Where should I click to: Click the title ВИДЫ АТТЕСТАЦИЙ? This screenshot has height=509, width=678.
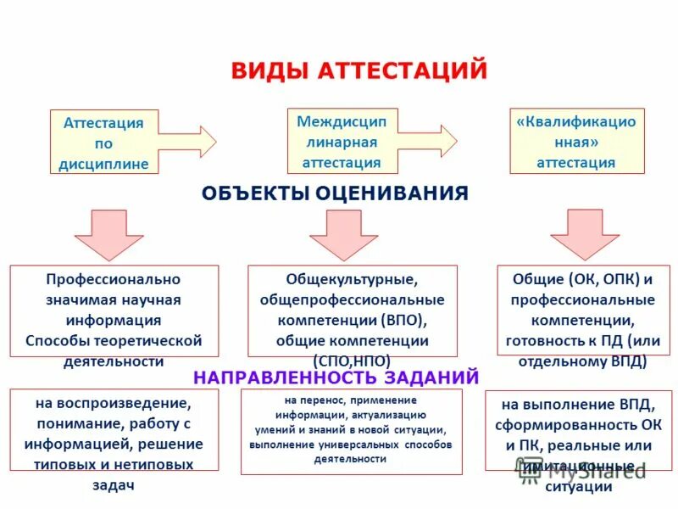359,70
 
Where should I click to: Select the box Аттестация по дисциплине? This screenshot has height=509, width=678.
103,143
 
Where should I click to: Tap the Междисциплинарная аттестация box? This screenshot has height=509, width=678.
341,142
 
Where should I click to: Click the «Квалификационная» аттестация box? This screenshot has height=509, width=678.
576,142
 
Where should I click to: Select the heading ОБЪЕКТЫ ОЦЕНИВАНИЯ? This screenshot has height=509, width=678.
335,193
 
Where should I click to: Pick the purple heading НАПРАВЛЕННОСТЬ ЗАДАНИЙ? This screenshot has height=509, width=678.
336,377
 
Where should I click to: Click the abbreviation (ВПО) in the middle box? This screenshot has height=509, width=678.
399,321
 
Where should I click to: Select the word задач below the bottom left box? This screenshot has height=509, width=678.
114,484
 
